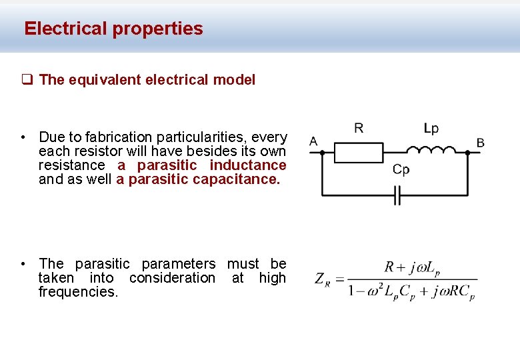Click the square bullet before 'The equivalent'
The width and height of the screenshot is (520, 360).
coord(27,80)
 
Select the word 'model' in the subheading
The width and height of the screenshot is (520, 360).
coord(234,80)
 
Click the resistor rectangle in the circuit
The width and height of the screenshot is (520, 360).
coord(358,153)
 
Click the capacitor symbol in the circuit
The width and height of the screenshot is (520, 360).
coord(396,195)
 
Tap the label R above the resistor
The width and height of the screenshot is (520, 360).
coord(359,128)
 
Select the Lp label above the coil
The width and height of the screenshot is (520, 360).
coord(431,128)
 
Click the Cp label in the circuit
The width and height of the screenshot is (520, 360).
coord(401,170)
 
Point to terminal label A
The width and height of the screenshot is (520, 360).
coord(313,141)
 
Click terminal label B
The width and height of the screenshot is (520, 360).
coord(480,142)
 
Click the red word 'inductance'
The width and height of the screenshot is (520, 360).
coord(248,165)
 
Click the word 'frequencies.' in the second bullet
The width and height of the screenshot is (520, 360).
coord(78,292)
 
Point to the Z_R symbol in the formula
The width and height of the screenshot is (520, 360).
coord(323,279)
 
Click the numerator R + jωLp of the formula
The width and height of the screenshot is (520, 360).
coord(412,268)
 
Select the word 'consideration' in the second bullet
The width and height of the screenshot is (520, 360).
coord(172,278)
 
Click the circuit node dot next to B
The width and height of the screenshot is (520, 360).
coord(468,153)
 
